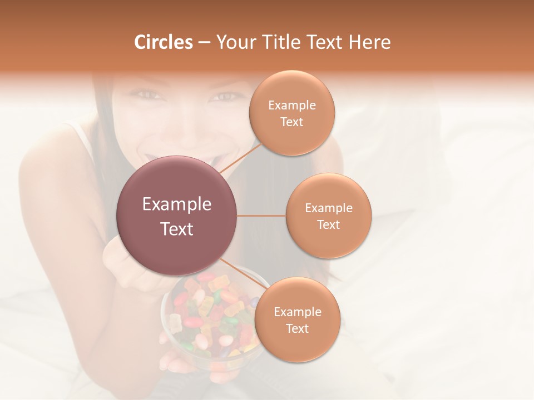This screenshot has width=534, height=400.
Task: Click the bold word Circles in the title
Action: [163, 42]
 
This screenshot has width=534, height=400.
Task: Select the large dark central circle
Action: [177, 216]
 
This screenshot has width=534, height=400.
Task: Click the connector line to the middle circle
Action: [261, 216]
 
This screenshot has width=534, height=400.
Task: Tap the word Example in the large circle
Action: [177, 204]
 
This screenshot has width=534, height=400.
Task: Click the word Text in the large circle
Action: [177, 229]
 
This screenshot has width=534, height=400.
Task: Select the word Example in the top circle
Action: [292, 106]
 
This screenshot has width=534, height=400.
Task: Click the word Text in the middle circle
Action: [329, 224]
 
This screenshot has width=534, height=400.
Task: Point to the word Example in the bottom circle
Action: [298, 312]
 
